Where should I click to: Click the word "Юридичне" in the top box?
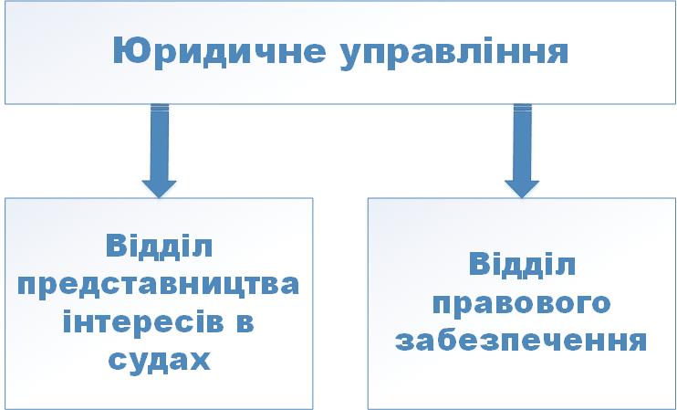coord(219,52)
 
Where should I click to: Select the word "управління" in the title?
coord(454,54)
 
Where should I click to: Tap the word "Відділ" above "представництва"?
coord(159,246)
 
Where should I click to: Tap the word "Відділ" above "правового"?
coord(522,264)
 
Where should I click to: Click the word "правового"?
coord(521,305)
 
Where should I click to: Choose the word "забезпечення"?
coord(521,341)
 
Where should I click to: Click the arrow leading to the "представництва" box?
coord(160,151)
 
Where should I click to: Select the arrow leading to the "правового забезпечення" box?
coord(522,151)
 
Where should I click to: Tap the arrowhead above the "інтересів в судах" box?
coord(160,189)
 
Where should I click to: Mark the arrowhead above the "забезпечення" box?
coord(522,189)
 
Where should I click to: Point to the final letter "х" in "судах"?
coord(200,362)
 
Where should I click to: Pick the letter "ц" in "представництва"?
coord(230,289)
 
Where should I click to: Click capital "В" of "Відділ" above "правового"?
coord(480,264)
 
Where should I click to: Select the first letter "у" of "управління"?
coord(351,58)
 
